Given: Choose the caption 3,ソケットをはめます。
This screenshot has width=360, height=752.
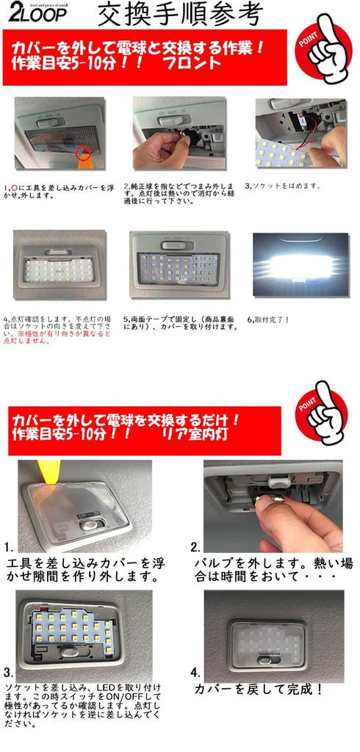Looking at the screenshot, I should coord(283,186).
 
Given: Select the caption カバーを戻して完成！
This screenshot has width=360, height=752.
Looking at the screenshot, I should coord(258,689).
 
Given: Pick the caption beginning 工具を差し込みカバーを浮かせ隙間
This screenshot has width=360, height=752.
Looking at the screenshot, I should coord(84,570).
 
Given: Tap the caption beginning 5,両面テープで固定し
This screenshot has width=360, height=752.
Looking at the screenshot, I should coord(180,323).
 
